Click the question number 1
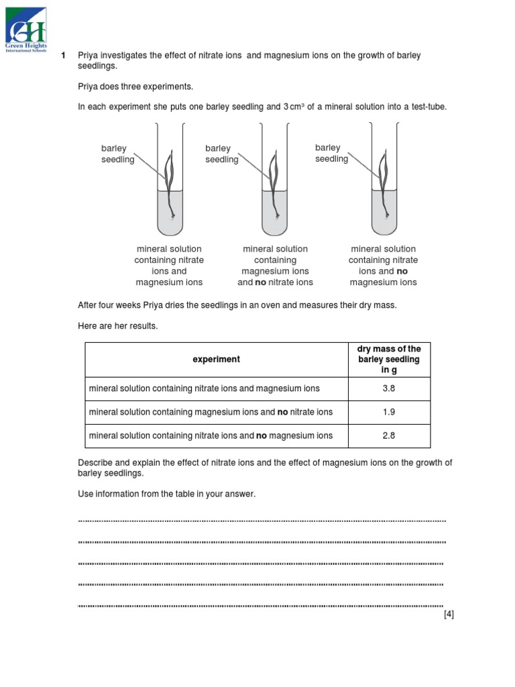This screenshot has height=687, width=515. pos(63,56)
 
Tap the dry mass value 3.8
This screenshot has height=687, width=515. pos(389,388)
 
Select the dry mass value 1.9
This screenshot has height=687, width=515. pos(389,412)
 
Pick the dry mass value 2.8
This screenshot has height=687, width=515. pos(389,435)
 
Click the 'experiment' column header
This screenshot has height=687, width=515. pos(216,360)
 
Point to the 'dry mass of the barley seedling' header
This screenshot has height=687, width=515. pos(389,360)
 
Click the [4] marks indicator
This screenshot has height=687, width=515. pos(449,615)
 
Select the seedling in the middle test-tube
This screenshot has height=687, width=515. pos(273,181)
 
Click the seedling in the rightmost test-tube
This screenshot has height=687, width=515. pos(384,181)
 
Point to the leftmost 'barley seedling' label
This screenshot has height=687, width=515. pos(118,154)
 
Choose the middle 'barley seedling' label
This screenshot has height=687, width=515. pos(222,154)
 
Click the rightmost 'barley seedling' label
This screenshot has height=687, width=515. pos(332,153)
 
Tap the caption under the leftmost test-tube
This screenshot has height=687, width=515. pos(169,266)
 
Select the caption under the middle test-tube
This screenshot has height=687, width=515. pos(275,266)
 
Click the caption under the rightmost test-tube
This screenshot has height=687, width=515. pos(384,266)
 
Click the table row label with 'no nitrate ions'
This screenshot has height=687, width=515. pos(211,412)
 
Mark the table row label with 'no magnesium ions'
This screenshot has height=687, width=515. pos(211,435)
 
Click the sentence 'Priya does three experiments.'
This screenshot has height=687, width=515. pos(135,87)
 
